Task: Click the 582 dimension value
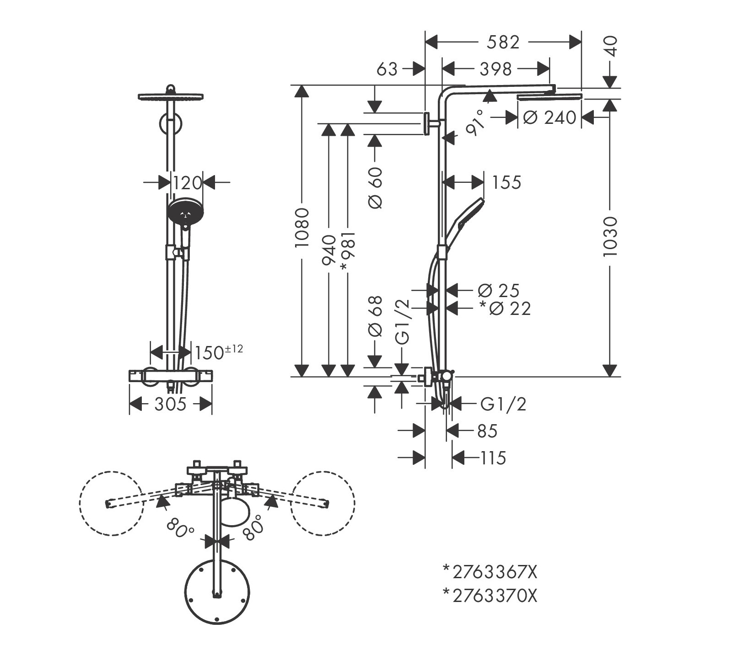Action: coord(503,43)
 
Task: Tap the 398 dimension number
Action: coord(495,69)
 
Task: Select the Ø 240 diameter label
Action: coord(549,117)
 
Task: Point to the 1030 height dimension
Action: coord(610,236)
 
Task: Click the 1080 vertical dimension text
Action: coord(302,228)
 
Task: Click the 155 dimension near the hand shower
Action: coord(506,182)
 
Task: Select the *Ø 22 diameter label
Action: coord(505,309)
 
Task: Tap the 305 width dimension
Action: coord(170,404)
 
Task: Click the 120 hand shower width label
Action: coord(187,183)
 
